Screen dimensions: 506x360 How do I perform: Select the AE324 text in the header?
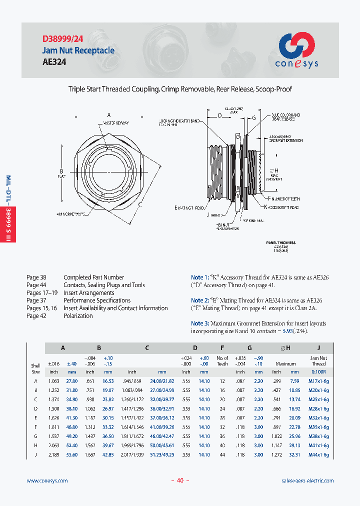pyautogui.click(x=54, y=62)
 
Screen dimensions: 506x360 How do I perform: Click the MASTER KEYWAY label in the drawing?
pyautogui.click(x=116, y=122)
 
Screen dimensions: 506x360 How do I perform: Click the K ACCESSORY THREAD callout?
pyautogui.click(x=281, y=207)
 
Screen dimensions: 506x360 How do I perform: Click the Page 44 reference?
pyautogui.click(x=35, y=285)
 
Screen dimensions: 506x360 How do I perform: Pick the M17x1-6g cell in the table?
pyautogui.click(x=318, y=381)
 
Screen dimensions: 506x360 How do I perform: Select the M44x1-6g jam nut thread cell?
pyautogui.click(x=318, y=454)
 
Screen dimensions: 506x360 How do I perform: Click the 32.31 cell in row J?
pyautogui.click(x=294, y=454)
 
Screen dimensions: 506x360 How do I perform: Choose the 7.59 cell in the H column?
pyautogui.click(x=294, y=381)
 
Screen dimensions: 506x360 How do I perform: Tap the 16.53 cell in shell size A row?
pyautogui.click(x=108, y=381)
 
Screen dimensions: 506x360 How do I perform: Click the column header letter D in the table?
pyautogui.click(x=195, y=347)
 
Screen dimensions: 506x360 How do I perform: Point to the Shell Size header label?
pyautogui.click(x=35, y=369)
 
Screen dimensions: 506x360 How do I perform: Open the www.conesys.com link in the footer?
pyautogui.click(x=47, y=480)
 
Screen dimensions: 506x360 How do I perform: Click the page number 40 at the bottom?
pyautogui.click(x=180, y=480)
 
